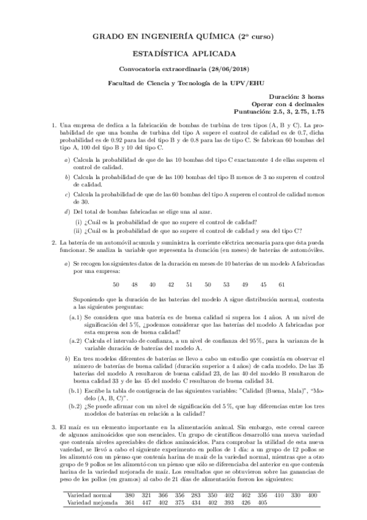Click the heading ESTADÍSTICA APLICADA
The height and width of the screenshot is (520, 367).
pyautogui.click(x=183, y=53)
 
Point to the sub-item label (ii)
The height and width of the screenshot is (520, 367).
pyautogui.click(x=78, y=231)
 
